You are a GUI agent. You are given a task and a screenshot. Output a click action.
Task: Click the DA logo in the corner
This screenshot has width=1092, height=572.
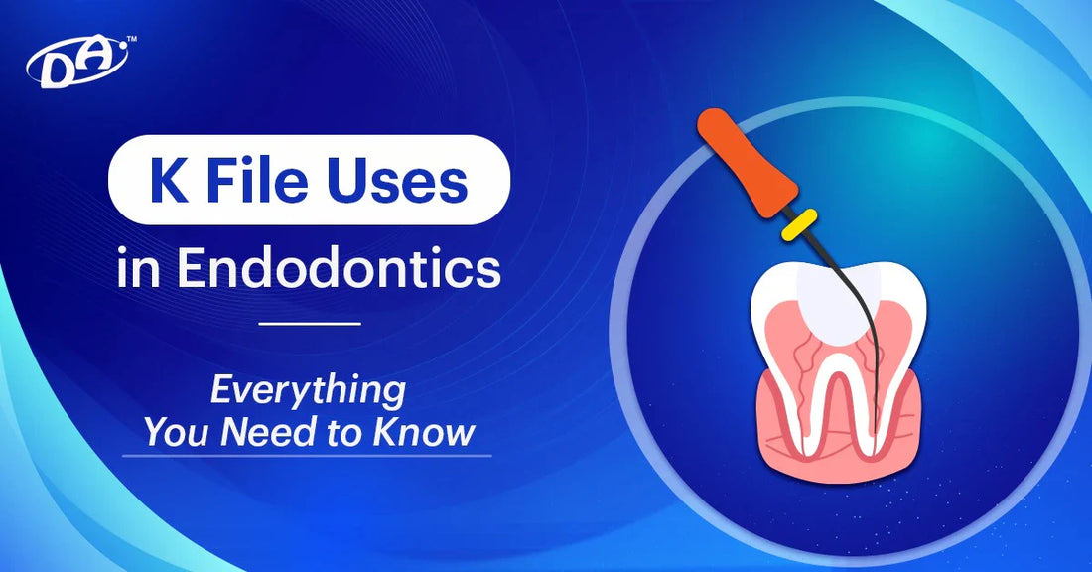[77, 63]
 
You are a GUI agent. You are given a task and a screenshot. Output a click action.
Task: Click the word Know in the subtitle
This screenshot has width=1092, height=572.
[424, 432]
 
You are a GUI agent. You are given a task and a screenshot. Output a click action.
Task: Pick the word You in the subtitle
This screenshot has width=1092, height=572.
[179, 432]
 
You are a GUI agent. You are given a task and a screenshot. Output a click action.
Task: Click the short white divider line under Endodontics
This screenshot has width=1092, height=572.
[309, 324]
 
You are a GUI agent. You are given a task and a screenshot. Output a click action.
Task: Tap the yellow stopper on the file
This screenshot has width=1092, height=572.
[799, 224]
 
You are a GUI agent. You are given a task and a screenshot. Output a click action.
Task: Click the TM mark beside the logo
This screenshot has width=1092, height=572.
[132, 40]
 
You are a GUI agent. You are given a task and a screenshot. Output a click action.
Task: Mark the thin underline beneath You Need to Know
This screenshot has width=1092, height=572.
[307, 456]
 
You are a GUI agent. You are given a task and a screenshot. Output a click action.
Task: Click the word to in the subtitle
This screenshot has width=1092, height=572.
[344, 433]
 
